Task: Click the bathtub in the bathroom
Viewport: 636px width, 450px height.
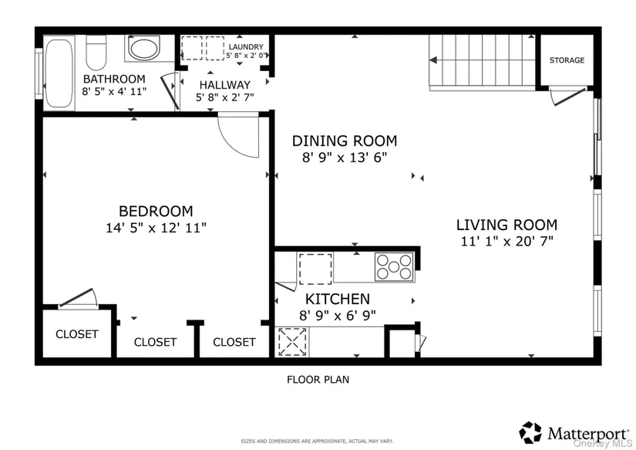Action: pyautogui.click(x=59, y=73)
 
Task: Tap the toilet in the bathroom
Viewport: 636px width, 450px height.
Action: pyautogui.click(x=96, y=52)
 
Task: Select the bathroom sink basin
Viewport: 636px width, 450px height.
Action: pyautogui.click(x=144, y=48)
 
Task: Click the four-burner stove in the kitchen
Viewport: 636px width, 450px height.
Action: pyautogui.click(x=394, y=266)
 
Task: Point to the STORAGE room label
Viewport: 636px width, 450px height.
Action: pyautogui.click(x=567, y=60)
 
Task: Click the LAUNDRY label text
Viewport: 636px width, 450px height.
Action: pyautogui.click(x=246, y=47)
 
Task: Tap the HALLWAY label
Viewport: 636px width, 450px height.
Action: pyautogui.click(x=224, y=85)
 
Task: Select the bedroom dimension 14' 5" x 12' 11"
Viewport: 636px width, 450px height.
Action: pyautogui.click(x=156, y=228)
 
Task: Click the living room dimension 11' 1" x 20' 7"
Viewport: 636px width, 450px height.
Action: pyautogui.click(x=507, y=242)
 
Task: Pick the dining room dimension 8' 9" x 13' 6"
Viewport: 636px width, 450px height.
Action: pyautogui.click(x=345, y=157)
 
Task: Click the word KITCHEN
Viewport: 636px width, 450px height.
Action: pyautogui.click(x=338, y=299)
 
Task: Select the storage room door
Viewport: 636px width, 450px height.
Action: pyautogui.click(x=568, y=96)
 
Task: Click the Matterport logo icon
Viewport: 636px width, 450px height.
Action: pyautogui.click(x=530, y=432)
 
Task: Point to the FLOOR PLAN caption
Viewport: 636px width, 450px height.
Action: pyautogui.click(x=318, y=380)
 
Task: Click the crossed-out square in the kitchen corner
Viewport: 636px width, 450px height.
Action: pyautogui.click(x=292, y=342)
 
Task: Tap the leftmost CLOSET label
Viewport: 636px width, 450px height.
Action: pyautogui.click(x=76, y=334)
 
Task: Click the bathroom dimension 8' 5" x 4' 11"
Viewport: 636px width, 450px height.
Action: pyautogui.click(x=114, y=91)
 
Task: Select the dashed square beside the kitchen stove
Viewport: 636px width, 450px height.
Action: pyautogui.click(x=315, y=269)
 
